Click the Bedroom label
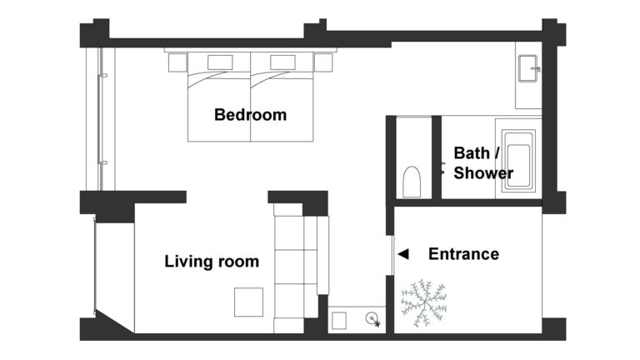(250, 115)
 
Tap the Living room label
(212, 261)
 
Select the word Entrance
(463, 254)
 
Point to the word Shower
(483, 172)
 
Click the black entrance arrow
(403, 254)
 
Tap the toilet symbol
(412, 182)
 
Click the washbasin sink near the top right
(528, 68)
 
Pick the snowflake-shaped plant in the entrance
(424, 302)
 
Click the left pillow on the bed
(220, 62)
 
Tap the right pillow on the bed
(282, 62)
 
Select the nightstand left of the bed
(177, 62)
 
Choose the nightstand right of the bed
(322, 62)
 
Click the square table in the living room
(248, 302)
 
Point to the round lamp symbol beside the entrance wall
(372, 319)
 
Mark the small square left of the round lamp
(339, 321)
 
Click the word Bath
(472, 153)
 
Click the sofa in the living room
(302, 267)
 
